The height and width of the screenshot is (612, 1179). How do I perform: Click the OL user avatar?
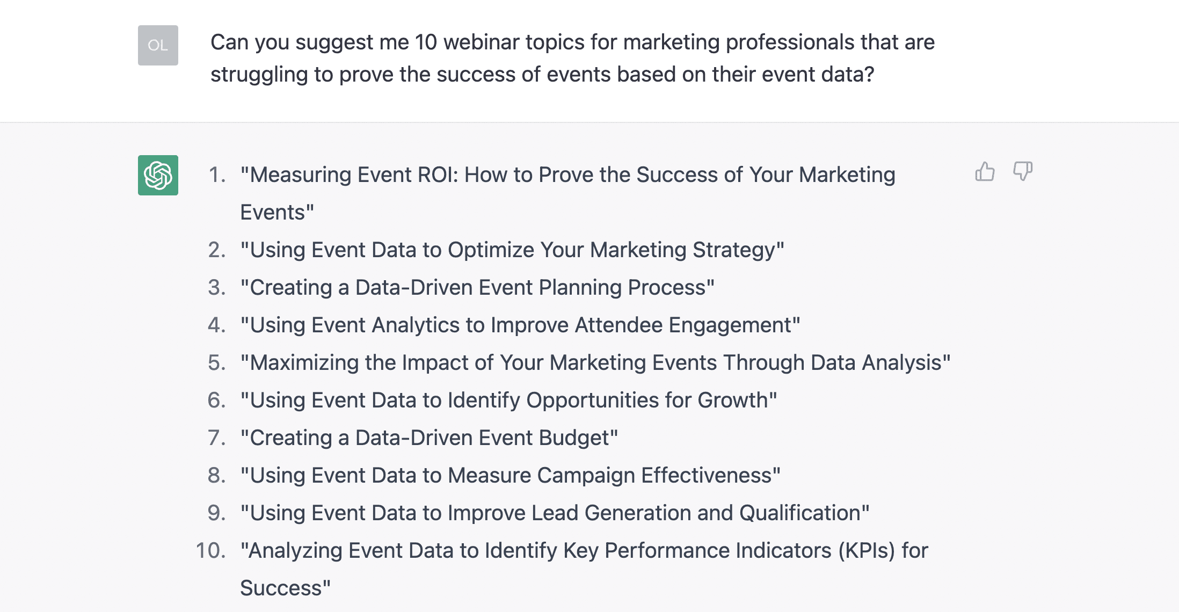point(158,45)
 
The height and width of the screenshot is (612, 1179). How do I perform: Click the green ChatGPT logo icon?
point(158,175)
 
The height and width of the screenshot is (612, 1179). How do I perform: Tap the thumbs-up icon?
point(985,172)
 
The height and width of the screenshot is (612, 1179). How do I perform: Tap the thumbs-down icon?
point(1023,172)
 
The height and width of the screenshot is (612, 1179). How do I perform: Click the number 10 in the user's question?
point(426,42)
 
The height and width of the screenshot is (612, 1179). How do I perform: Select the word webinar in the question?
point(482,42)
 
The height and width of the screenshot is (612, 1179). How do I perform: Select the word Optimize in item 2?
point(491,251)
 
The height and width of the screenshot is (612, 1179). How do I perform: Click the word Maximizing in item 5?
point(304,363)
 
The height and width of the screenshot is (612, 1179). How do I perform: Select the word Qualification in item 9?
point(800,513)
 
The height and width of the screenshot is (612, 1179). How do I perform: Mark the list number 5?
point(217,363)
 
